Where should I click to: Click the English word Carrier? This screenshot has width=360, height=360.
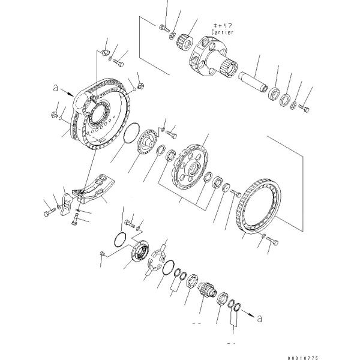pyautogui.click(x=222, y=32)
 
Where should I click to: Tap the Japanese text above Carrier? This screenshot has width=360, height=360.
pyautogui.click(x=223, y=25)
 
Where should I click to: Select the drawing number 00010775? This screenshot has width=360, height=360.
pyautogui.click(x=303, y=358)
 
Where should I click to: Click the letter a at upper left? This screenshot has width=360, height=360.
pyautogui.click(x=56, y=88)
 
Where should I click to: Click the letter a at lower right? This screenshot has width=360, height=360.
pyautogui.click(x=259, y=319)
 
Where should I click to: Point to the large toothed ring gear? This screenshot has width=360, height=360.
pyautogui.click(x=259, y=206)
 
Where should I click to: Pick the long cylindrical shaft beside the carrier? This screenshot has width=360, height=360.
pyautogui.click(x=253, y=81)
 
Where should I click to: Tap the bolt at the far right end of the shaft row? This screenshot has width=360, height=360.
pyautogui.click(x=304, y=107)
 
